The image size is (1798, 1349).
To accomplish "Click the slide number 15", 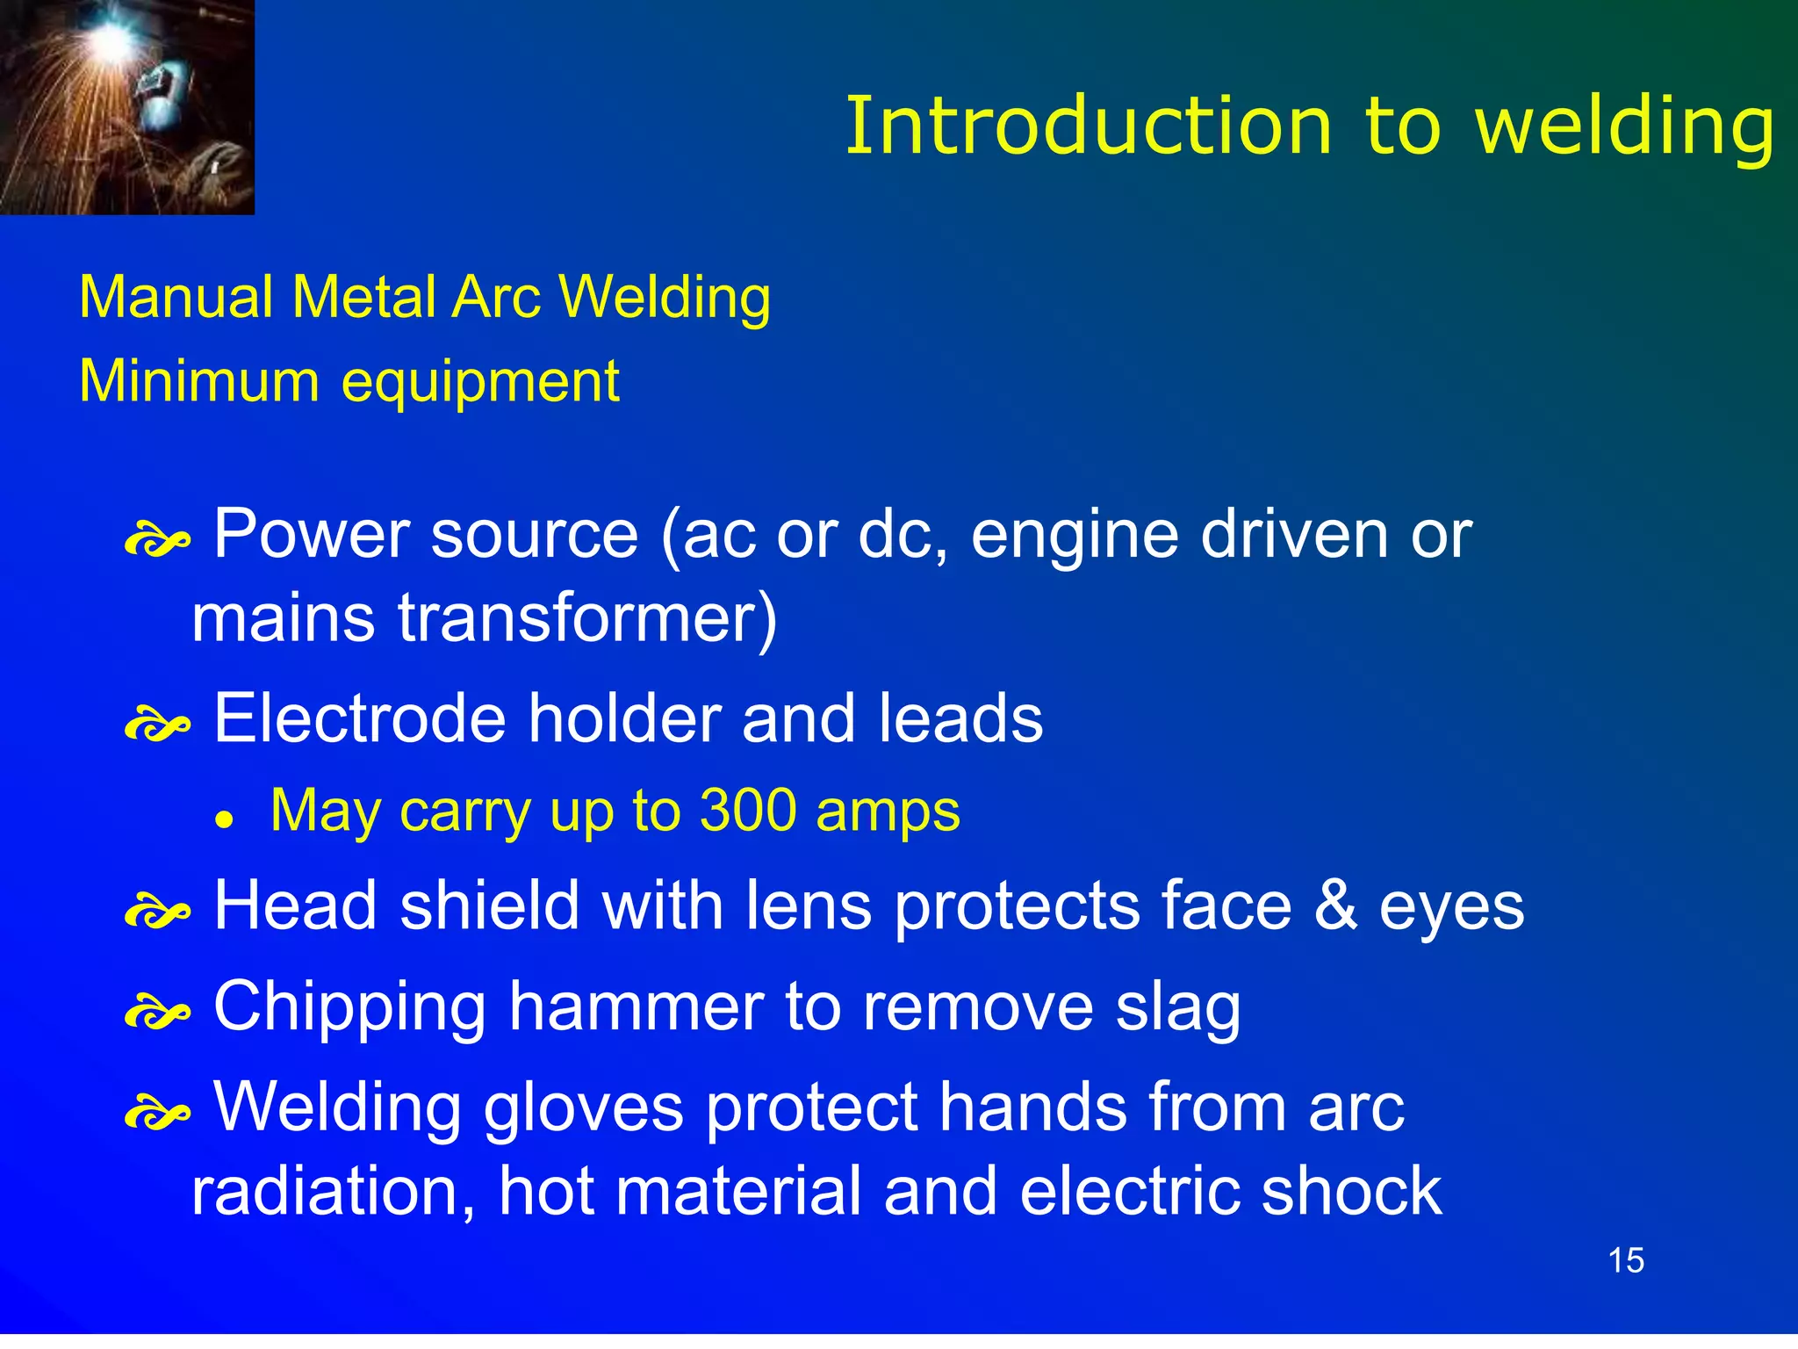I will [x=1626, y=1260].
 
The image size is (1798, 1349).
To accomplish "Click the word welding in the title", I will [x=1625, y=128].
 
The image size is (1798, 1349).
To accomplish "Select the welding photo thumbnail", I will [x=127, y=106].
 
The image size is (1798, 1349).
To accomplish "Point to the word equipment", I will [x=480, y=383].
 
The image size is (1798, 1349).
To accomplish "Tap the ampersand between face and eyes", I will [x=1335, y=905].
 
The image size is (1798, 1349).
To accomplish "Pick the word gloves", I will [x=583, y=1108].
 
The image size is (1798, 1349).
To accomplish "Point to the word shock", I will [x=1352, y=1191].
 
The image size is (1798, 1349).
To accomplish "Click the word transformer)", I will [x=588, y=618].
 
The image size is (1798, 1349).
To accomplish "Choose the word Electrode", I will [x=360, y=718].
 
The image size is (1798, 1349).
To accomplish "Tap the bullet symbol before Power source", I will [x=157, y=541].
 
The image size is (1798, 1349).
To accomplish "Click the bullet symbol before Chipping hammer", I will [x=157, y=1014].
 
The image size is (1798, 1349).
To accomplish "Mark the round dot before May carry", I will [x=226, y=819].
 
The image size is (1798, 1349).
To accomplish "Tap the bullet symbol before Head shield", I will [x=157, y=913].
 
